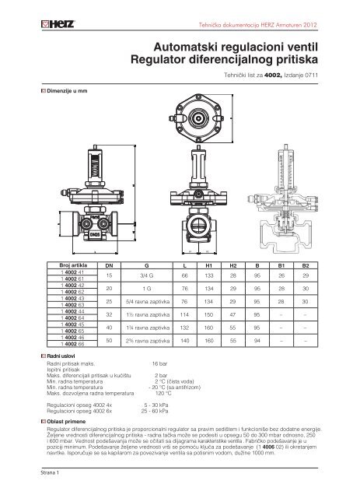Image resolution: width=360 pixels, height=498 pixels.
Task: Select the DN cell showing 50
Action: coord(109,341)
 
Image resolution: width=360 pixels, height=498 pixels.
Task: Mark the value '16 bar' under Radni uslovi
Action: coord(161,363)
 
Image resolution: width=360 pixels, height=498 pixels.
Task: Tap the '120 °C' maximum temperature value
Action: coord(163,394)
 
